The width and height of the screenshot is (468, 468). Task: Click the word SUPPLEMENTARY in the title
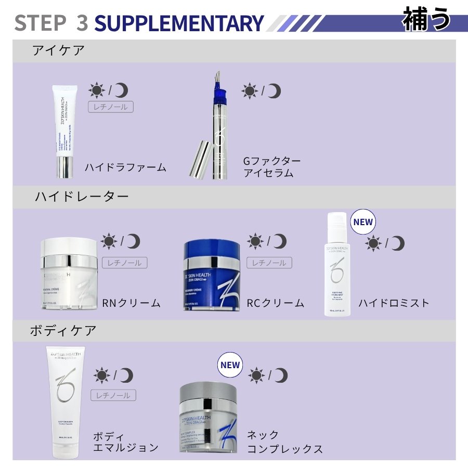tap(179, 23)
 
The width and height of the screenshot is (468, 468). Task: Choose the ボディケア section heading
tap(64, 331)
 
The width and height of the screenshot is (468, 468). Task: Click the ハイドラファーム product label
tap(126, 167)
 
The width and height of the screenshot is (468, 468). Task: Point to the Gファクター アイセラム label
tap(271, 167)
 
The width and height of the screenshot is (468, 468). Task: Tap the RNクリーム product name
tap(132, 303)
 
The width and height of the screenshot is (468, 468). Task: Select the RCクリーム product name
tap(276, 303)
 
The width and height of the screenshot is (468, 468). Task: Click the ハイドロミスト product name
tap(394, 303)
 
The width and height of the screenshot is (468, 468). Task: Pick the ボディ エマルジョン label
tap(125, 441)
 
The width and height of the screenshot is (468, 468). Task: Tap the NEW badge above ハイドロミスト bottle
tap(362, 222)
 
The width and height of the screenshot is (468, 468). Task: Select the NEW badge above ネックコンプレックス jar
tap(230, 365)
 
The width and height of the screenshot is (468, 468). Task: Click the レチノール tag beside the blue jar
tap(269, 263)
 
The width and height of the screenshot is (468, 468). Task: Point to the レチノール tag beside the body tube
tap(113, 395)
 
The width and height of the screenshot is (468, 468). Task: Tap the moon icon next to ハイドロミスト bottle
tap(398, 243)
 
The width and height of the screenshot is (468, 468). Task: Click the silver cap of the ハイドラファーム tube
tap(64, 167)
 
